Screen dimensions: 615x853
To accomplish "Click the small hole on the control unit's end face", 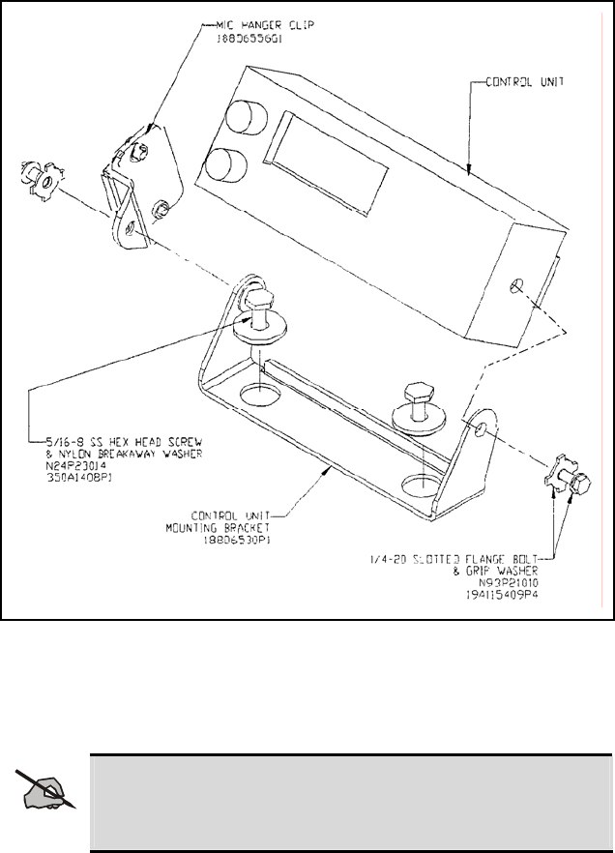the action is coord(518,286).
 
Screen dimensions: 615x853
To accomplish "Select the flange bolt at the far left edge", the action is coord(37,183).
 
